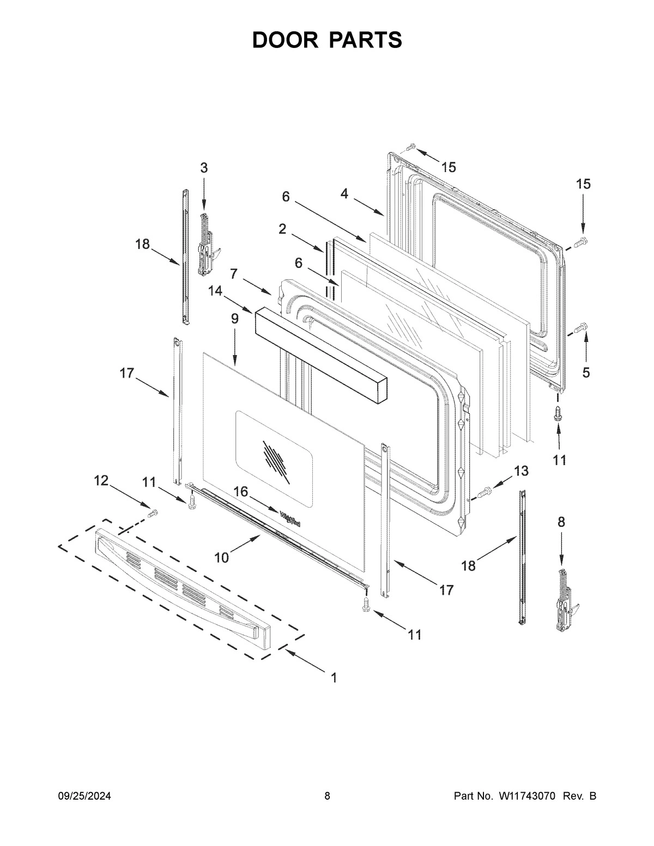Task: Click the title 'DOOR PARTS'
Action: tap(327, 40)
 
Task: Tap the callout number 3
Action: tap(203, 168)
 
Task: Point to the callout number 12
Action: tap(101, 480)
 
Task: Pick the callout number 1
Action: tap(334, 678)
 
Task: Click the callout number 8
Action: tap(561, 522)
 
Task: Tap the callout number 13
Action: tap(521, 471)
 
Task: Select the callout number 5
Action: tap(586, 373)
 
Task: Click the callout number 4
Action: tap(344, 194)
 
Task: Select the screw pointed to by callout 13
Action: tap(483, 492)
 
